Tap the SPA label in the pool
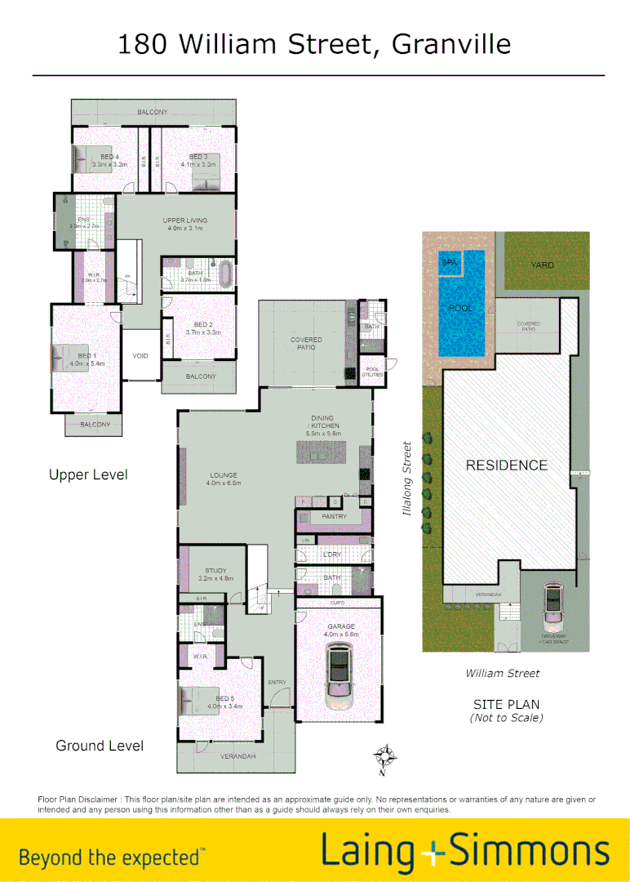point(449,263)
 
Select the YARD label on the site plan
point(542,265)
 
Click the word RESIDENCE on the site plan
point(506,465)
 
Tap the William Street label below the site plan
point(503,674)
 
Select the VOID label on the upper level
point(140,356)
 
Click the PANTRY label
point(335,517)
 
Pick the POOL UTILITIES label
point(372,372)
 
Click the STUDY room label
point(216,571)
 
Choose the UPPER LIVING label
point(185,220)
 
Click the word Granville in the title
point(451,43)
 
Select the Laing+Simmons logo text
point(465,850)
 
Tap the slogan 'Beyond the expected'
point(112,857)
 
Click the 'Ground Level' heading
point(100,746)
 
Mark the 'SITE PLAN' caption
point(506,704)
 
